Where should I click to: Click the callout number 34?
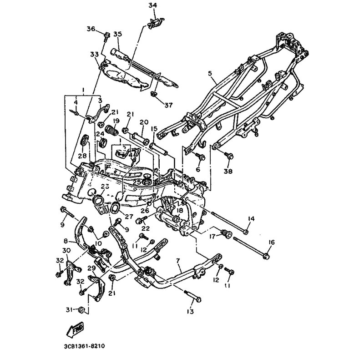pos(152,5)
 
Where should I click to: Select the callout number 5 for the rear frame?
pos(210,72)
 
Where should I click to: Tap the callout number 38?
pos(227,172)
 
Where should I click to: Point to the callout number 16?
pos(272,242)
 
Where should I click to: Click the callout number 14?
pos(251,219)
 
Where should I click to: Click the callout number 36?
pos(91,29)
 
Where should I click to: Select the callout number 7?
pos(178,260)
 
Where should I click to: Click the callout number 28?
pos(82,156)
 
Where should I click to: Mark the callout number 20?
pos(144,122)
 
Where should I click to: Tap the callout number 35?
pos(118,34)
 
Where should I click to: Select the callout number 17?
pos(212,236)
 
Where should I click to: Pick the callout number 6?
pos(197,169)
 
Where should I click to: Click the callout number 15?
pos(154,129)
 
